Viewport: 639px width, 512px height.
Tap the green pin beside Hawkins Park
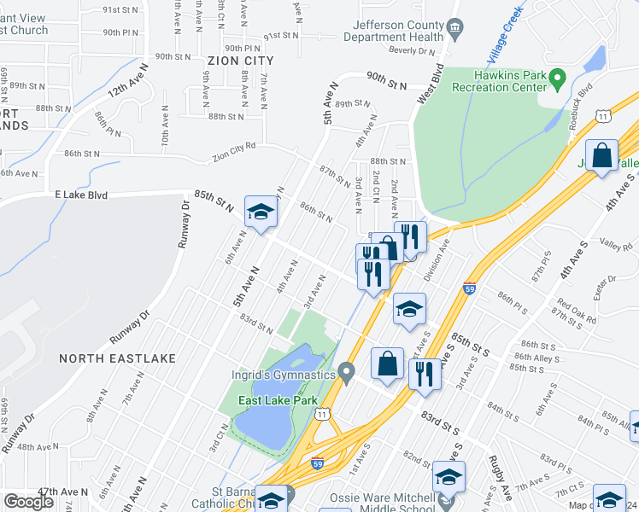click(559, 82)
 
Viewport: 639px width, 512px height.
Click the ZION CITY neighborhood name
click(240, 61)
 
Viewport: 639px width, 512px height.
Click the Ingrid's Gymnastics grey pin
click(346, 372)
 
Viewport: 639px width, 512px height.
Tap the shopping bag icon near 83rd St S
click(388, 363)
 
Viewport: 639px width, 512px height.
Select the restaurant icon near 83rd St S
click(425, 373)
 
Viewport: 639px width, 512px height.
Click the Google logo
click(28, 502)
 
